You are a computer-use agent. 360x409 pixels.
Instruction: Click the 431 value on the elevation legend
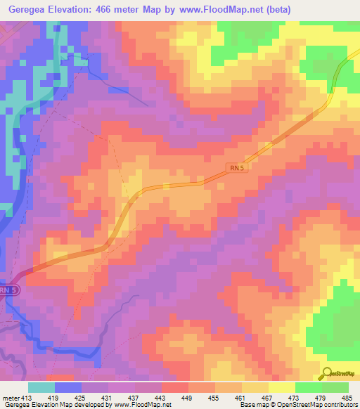[109, 397]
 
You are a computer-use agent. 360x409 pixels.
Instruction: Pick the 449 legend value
[189, 397]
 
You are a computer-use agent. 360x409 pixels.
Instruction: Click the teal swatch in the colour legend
[41, 387]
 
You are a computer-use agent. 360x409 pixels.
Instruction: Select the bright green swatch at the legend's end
[335, 387]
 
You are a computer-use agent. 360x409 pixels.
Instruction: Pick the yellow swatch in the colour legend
[282, 387]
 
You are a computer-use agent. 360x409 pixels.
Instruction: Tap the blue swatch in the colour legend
[68, 387]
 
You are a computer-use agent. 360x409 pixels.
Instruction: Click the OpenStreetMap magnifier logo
[327, 373]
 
